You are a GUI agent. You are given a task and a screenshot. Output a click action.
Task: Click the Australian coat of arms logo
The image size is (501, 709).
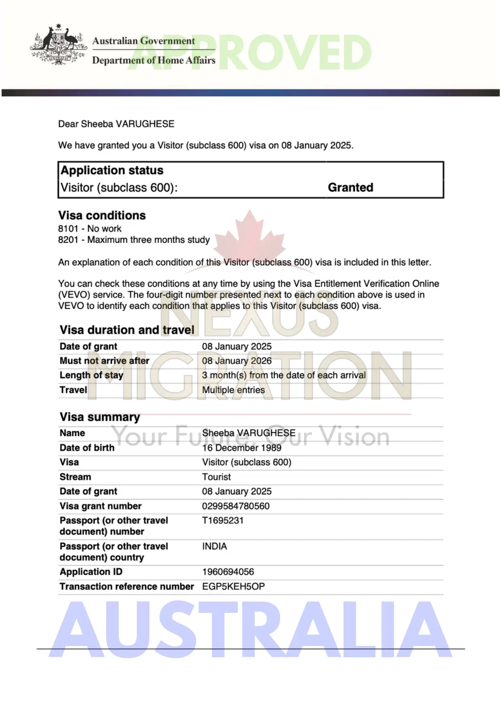(x=58, y=44)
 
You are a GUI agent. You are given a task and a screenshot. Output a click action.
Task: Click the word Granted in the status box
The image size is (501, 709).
(x=350, y=187)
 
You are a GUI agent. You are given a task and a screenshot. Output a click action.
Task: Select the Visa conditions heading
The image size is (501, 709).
(x=102, y=215)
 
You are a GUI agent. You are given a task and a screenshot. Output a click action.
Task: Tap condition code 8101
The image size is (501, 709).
(x=68, y=229)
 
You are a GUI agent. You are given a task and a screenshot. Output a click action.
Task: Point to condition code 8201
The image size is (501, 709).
(x=68, y=240)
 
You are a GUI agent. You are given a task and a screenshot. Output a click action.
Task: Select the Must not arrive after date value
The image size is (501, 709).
(x=237, y=361)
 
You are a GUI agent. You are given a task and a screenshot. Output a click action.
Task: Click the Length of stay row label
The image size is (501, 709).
(x=91, y=375)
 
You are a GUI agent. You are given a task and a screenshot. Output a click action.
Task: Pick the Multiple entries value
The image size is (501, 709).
(x=233, y=390)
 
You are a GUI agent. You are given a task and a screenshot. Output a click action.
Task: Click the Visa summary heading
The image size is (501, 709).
(x=100, y=417)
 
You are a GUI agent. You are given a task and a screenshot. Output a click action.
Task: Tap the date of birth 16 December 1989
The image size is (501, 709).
(x=241, y=448)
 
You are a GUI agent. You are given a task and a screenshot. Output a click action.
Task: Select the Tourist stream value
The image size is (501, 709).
(x=216, y=477)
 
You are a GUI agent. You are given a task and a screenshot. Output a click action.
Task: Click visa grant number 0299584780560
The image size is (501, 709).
(x=236, y=506)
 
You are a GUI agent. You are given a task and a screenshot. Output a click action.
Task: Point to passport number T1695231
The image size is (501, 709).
(x=223, y=520)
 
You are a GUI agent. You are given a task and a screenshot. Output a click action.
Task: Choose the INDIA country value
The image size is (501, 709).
(x=214, y=546)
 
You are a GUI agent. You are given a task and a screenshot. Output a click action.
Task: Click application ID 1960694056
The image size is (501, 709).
(x=228, y=572)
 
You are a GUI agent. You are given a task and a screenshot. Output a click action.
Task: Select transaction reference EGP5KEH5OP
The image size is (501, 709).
(x=233, y=587)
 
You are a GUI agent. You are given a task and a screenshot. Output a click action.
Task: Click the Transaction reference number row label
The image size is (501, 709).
(x=127, y=587)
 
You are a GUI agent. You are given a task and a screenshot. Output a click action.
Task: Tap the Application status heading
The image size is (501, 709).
(x=112, y=170)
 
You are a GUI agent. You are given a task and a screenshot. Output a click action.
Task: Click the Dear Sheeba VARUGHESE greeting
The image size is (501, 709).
(x=116, y=124)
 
